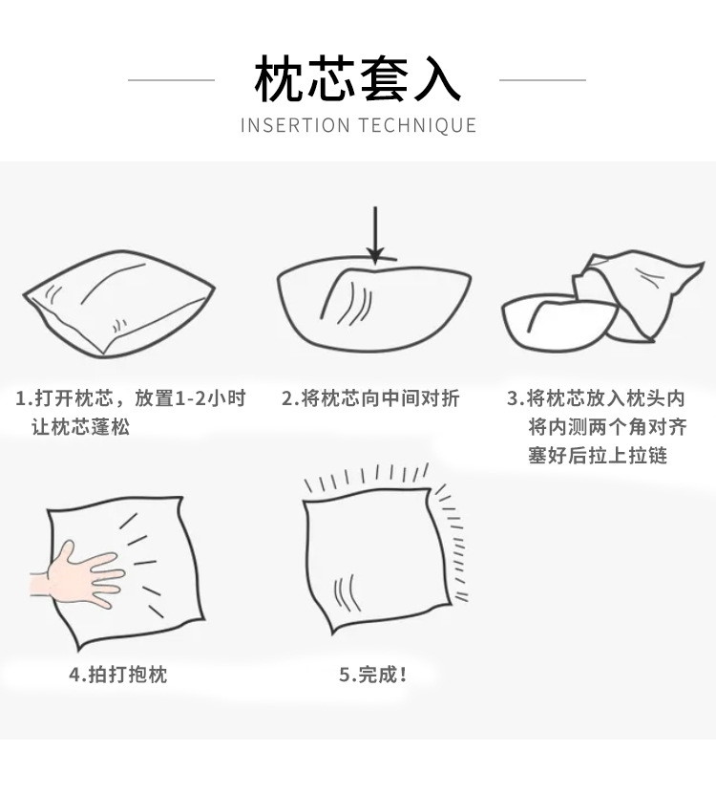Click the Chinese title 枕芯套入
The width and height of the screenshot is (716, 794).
click(357, 79)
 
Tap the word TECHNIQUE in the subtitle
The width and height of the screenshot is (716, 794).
click(418, 125)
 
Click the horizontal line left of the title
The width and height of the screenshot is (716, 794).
click(171, 80)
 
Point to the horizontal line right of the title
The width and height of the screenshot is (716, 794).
click(542, 80)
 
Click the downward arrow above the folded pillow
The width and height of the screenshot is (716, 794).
click(375, 235)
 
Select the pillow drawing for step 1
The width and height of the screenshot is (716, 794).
click(118, 305)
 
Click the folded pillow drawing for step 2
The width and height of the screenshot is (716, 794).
click(374, 304)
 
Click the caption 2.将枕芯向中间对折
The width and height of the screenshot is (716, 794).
click(370, 398)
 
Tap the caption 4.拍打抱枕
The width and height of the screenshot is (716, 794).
click(117, 675)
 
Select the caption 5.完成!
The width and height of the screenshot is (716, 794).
click(373, 675)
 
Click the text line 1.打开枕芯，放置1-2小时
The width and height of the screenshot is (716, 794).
click(131, 398)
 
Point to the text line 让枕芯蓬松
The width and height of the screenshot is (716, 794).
click(81, 427)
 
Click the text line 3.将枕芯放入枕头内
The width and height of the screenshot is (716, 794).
click(596, 398)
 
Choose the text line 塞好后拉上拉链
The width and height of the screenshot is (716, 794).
click(598, 455)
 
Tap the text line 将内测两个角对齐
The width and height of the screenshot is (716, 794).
click(607, 427)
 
